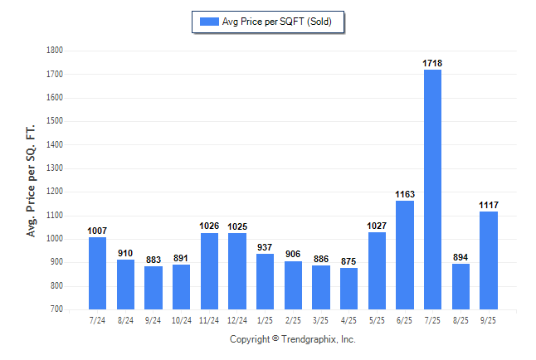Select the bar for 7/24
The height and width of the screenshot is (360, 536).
click(98, 273)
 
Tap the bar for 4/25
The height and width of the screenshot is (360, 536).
click(348, 289)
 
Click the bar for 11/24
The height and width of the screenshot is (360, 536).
click(209, 270)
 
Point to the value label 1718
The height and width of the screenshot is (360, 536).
click(432, 63)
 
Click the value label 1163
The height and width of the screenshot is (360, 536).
click(405, 194)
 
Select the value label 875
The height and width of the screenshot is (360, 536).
click(348, 261)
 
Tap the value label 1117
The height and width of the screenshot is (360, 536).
click(488, 205)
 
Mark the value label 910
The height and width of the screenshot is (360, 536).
click(125, 253)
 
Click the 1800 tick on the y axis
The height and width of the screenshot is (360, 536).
click(55, 51)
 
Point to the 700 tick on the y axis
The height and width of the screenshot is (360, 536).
click(57, 309)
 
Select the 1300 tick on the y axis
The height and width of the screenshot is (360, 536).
click(55, 168)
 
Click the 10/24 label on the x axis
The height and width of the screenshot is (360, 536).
click(181, 319)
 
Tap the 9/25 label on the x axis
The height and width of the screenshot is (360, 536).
click(488, 319)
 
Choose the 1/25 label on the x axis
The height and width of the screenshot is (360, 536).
click(265, 319)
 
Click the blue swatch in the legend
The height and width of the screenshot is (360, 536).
click(207, 22)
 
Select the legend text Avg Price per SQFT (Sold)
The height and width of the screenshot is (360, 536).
click(276, 22)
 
